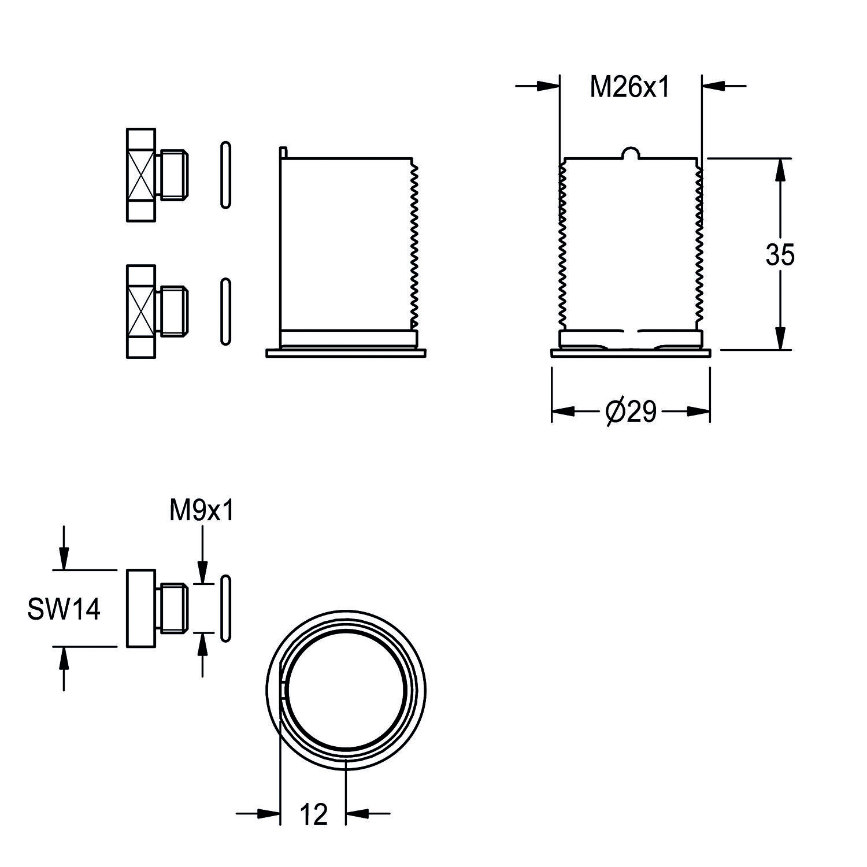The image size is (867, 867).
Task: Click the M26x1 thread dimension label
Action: click(629, 87)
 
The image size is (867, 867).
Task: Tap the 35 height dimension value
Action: click(780, 254)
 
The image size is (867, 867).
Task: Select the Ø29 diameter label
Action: click(631, 412)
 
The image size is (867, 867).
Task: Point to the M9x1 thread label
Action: click(202, 511)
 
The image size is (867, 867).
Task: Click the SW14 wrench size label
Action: click(64, 609)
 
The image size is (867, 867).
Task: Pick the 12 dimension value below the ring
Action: click(313, 815)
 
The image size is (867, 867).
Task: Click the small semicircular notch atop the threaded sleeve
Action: click(632, 154)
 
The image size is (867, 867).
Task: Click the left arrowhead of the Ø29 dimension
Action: click(564, 412)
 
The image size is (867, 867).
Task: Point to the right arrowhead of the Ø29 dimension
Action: click(698, 412)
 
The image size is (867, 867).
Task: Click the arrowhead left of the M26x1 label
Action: click(549, 86)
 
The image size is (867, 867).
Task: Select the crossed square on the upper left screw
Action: click(141, 175)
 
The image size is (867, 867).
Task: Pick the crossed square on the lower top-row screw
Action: click(141, 311)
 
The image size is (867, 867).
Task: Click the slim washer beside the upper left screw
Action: click(226, 175)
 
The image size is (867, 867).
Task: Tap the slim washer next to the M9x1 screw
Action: click(226, 609)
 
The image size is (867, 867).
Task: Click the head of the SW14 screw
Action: click(141, 609)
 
